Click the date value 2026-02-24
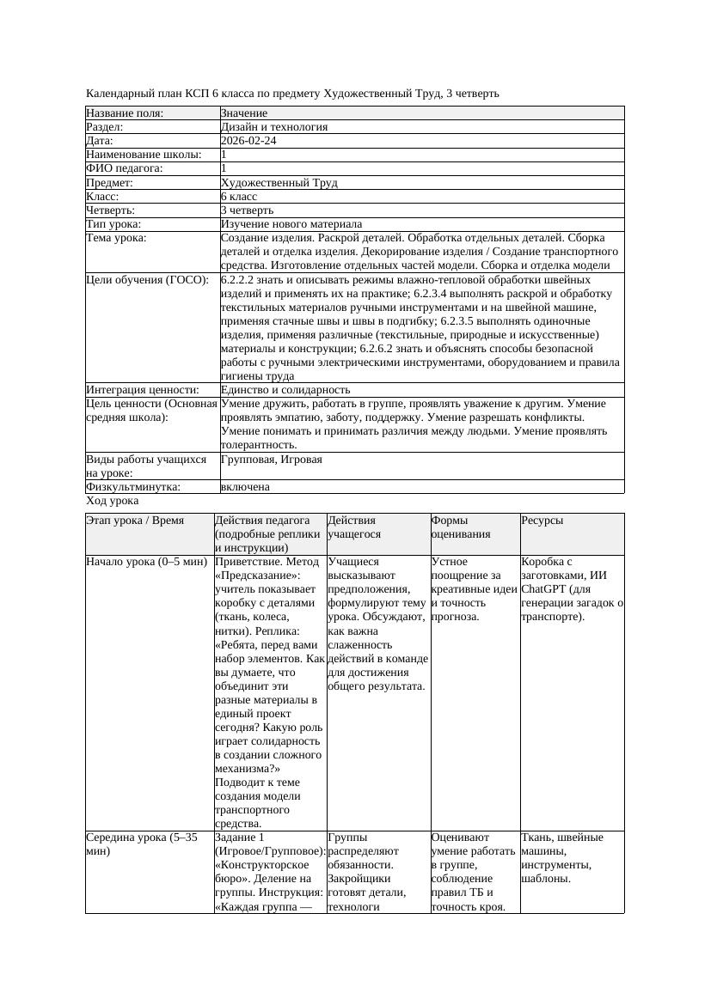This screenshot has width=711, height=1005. coord(248,141)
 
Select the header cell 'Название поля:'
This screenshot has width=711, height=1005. coord(125,113)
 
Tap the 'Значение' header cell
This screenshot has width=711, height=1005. coord(244,113)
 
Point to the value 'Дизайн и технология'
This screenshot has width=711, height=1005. coord(274,127)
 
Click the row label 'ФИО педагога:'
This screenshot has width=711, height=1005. coord(125,168)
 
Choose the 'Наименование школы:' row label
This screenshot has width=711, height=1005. coord(144,155)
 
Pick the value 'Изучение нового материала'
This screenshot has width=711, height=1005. coord(291,224)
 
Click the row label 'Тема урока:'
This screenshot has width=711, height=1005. coord(116,238)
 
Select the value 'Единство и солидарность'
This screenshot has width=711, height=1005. coord(285,390)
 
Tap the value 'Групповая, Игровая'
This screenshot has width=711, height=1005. coord(272,460)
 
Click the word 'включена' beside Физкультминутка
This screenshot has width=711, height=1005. coord(245,487)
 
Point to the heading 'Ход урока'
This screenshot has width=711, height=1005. coord(113,501)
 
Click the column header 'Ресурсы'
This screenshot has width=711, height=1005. coord(542,521)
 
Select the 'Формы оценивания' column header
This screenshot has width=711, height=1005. coord(462,527)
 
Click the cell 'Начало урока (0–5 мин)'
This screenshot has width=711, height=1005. coord(147,562)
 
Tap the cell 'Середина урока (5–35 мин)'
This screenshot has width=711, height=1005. coord(142,844)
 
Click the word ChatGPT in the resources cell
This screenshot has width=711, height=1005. coord(543,589)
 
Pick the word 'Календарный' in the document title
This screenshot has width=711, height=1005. coord(120,93)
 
